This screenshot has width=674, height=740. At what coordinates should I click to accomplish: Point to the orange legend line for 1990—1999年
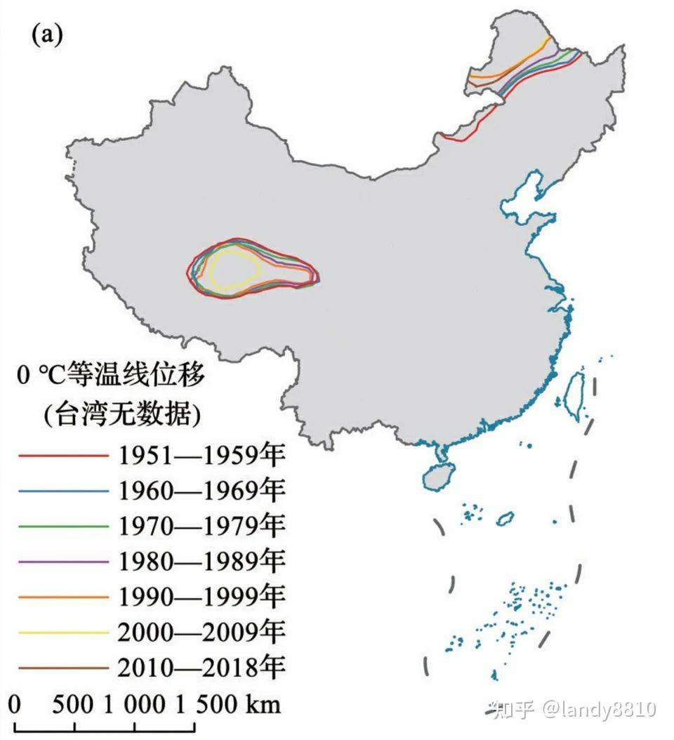click(x=64, y=597)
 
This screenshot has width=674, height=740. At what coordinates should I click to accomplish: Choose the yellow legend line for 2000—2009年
click(x=64, y=632)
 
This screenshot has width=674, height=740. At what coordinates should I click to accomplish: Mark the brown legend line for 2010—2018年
click(x=64, y=667)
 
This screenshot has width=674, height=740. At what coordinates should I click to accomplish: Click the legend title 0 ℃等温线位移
click(x=111, y=376)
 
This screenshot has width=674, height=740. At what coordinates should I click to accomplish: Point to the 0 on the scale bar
click(x=16, y=704)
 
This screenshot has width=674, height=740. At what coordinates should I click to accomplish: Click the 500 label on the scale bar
click(x=73, y=704)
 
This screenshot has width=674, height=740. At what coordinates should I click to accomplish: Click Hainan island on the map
click(x=439, y=475)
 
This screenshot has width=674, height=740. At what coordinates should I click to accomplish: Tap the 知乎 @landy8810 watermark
click(x=574, y=709)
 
